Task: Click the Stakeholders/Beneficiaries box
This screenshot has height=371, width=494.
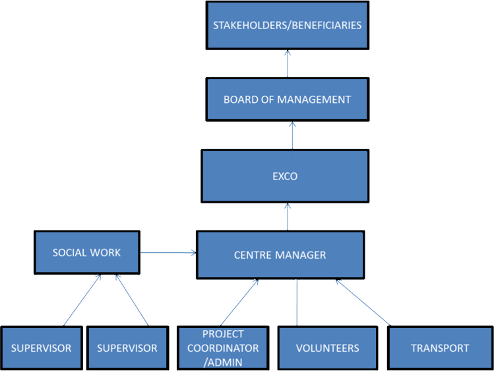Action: [x=286, y=26]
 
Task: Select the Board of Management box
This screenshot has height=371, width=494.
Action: [x=286, y=100]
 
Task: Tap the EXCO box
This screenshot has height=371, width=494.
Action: [x=284, y=176]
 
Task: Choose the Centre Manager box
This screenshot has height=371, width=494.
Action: [x=280, y=255]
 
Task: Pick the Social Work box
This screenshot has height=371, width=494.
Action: [x=86, y=252]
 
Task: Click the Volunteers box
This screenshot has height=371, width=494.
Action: [x=327, y=348]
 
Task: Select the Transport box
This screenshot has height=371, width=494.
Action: [x=439, y=348]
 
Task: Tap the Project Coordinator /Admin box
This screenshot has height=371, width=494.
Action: [x=222, y=348]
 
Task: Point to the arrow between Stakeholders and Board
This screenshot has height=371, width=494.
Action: [x=287, y=63]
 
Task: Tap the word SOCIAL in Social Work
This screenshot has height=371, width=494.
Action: [x=70, y=252]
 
